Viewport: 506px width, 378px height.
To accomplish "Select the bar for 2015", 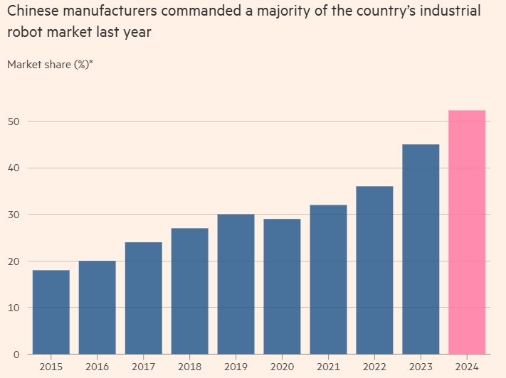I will (x=51, y=312).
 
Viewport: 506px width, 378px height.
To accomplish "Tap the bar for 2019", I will (x=236, y=284).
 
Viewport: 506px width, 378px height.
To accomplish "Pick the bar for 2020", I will (x=282, y=286).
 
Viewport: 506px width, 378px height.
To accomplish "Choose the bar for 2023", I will (x=421, y=249).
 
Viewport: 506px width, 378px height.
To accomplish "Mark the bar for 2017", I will (x=143, y=298).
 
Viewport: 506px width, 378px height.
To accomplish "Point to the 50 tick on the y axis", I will (x=13, y=121).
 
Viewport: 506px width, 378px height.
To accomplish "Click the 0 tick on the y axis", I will (x=16, y=354).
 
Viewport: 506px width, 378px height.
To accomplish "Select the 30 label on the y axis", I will (x=13, y=215).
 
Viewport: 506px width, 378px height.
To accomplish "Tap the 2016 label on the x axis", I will (x=97, y=366).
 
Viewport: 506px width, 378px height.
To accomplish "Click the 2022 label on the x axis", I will (x=374, y=366).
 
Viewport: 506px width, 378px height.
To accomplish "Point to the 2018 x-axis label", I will (x=189, y=366).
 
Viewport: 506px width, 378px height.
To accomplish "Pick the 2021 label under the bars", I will (x=328, y=366).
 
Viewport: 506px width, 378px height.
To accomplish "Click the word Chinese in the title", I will (x=33, y=12).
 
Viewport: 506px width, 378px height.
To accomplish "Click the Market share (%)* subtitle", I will (x=51, y=65).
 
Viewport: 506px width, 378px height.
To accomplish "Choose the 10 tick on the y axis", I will (x=13, y=308).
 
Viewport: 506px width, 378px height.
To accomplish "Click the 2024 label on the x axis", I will (x=467, y=366).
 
